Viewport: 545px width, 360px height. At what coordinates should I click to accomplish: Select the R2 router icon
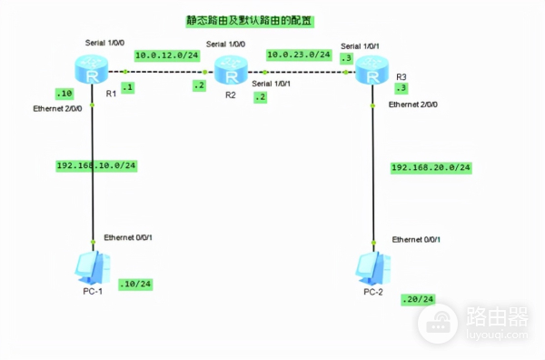(x=231, y=69)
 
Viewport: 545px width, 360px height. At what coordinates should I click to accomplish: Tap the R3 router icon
(x=372, y=69)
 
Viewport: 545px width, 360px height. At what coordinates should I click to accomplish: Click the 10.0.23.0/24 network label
(x=297, y=55)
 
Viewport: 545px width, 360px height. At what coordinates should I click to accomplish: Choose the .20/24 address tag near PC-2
(x=418, y=299)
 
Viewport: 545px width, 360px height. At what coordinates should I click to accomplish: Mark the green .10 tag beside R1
(x=64, y=93)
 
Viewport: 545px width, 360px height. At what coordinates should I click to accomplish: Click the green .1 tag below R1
(x=127, y=87)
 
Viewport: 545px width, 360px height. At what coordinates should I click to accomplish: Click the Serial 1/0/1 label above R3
(x=361, y=45)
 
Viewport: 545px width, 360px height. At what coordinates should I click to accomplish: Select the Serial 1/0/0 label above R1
(x=105, y=43)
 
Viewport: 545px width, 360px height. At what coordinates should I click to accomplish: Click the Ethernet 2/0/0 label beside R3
(x=413, y=105)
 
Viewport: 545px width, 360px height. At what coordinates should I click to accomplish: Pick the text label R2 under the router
(x=231, y=94)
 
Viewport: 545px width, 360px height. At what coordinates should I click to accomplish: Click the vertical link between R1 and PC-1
(x=93, y=200)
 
